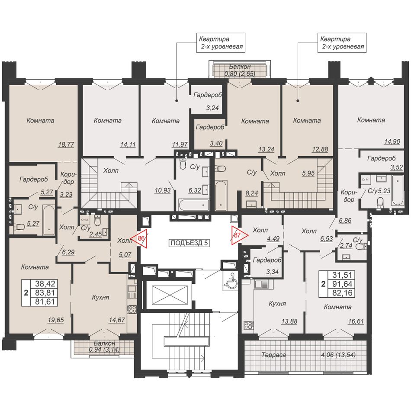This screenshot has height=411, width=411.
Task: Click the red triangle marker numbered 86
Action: tap(140, 238)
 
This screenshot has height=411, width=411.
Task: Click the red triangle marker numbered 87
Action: tap(238, 235)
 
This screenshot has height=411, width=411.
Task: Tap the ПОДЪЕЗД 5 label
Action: tap(189, 243)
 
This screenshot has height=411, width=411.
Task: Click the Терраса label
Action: tap(273, 355)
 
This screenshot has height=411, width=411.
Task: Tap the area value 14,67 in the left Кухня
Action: tap(117, 320)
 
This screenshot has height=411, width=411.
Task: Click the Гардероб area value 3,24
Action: tap(212, 108)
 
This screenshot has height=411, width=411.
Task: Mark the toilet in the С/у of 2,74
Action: tap(363, 247)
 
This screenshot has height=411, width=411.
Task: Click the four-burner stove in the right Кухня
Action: tap(248, 325)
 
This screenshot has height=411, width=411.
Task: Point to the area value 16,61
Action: tap(356, 321)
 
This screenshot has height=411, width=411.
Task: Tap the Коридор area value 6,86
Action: tap(345, 221)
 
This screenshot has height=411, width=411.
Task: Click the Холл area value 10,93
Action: tap(163, 190)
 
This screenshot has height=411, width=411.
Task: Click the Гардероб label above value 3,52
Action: tap(382, 158)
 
